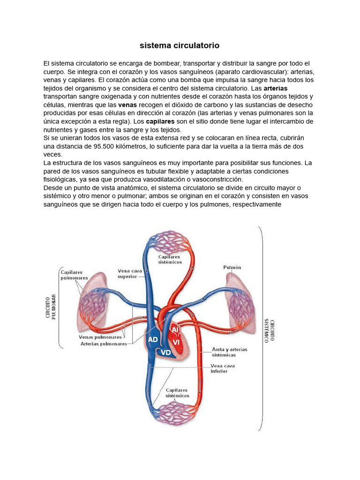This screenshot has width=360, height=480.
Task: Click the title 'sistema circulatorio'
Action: pos(180,46)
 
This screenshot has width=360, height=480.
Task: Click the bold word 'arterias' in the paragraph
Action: pos(276,88)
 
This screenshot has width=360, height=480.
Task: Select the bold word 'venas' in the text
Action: pos(127,105)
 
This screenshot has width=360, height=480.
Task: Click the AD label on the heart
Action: pos(153,339)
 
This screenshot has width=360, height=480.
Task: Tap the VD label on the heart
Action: pos(165,352)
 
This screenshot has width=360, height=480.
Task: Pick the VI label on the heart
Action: pos(177,342)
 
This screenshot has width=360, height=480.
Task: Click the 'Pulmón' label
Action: pos(232,267)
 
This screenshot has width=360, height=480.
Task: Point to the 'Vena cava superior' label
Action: pos(128,273)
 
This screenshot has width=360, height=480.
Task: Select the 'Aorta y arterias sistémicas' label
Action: pos(230,352)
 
